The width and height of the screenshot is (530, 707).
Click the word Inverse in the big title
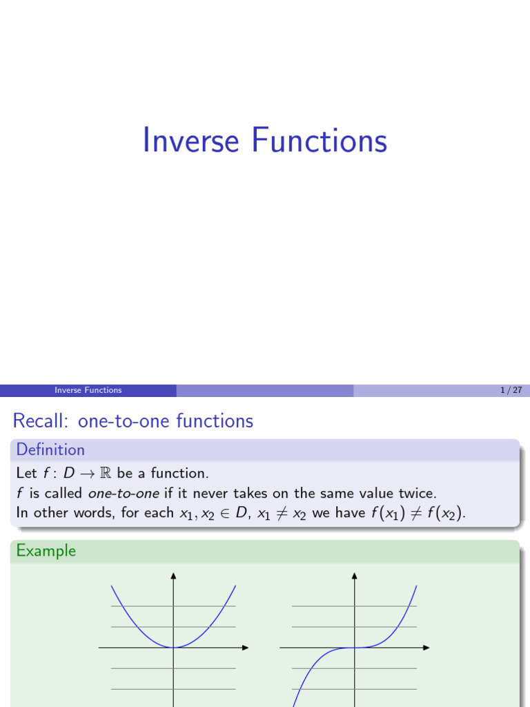(x=190, y=140)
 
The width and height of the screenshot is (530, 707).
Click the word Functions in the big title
(x=319, y=140)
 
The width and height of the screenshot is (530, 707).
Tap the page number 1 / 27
(x=511, y=390)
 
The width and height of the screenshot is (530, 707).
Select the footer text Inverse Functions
(x=88, y=390)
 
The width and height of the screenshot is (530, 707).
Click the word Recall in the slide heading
(x=41, y=420)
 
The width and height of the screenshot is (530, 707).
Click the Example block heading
(x=46, y=550)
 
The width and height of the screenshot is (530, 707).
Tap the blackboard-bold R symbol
(x=107, y=474)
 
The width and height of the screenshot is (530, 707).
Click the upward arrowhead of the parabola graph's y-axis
(x=173, y=575)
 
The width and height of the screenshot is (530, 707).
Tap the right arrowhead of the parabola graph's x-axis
(x=245, y=648)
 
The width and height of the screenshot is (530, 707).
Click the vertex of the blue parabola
(x=173, y=647)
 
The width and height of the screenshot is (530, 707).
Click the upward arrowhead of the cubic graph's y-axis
(x=354, y=575)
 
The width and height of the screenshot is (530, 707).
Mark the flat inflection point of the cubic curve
(x=354, y=647)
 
